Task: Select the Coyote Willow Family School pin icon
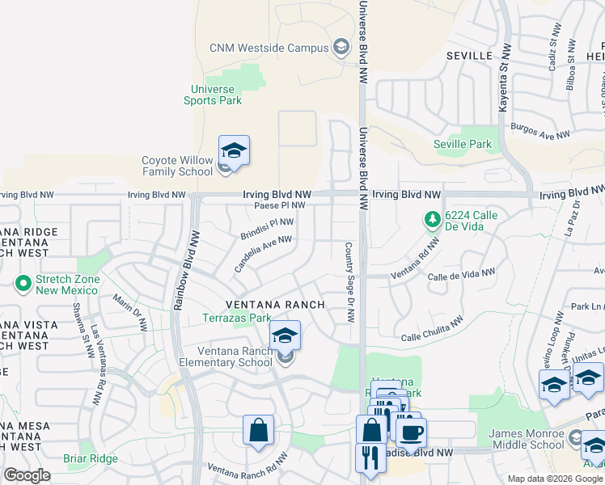234,151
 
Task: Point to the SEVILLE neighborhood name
470,55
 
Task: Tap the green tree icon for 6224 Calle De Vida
433,219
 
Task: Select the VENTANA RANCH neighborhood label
275,305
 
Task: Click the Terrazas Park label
237,318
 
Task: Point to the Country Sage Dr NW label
349,283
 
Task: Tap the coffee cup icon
411,432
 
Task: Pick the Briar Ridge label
91,458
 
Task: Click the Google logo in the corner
27,475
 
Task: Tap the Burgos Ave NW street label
539,133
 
